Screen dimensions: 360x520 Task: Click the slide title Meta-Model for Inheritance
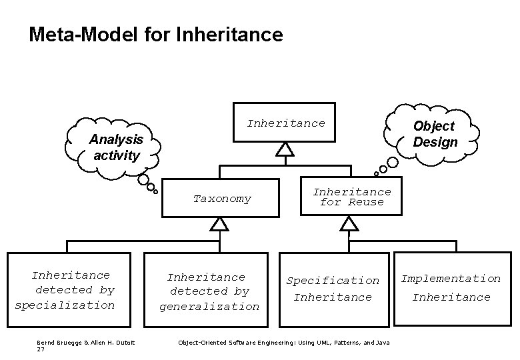click(155, 34)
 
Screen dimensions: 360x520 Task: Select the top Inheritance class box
click(284, 123)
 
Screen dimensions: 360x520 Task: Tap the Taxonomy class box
click(222, 199)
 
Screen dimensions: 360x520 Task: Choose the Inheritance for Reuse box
click(351, 197)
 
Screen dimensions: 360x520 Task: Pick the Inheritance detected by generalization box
click(209, 291)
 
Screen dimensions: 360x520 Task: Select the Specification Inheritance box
click(333, 289)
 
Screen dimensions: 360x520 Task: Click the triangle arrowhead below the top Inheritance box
click(285, 149)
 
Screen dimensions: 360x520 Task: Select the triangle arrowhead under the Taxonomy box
click(219, 224)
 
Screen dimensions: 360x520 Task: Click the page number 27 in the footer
click(41, 349)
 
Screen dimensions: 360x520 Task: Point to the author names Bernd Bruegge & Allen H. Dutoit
click(86, 342)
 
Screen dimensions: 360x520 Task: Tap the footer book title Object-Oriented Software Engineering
click(283, 342)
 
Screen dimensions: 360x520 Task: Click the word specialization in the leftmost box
click(65, 305)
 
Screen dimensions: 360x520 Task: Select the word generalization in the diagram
click(209, 307)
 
